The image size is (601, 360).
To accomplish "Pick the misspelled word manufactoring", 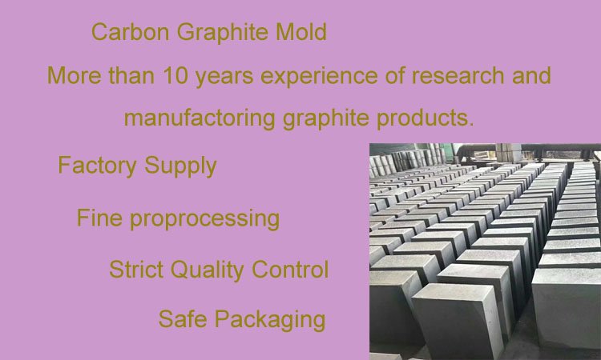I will point(200,119).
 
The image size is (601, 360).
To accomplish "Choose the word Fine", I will point(97,218).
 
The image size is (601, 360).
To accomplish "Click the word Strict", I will point(134,270).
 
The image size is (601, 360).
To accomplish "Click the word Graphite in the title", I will point(219,33).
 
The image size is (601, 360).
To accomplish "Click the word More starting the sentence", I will point(69,76).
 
